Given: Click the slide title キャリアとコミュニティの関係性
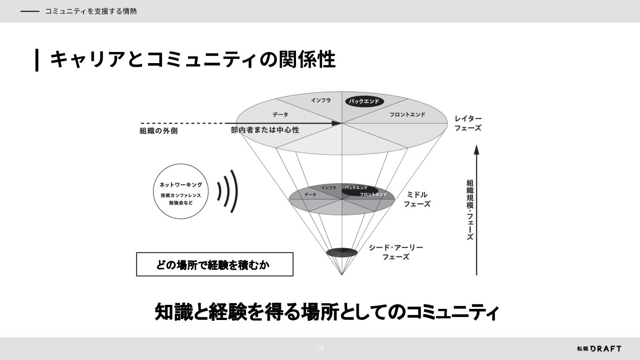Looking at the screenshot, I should [192, 60].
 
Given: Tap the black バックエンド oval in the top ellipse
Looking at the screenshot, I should [364, 101].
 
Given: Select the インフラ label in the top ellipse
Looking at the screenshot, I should [321, 100].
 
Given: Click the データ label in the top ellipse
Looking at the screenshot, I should [280, 115].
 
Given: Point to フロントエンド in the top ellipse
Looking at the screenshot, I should [407, 115].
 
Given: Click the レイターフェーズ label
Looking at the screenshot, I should [468, 123].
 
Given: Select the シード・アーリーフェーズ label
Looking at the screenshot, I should [396, 252].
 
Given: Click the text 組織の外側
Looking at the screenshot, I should [159, 131].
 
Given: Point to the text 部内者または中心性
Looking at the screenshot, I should [265, 130].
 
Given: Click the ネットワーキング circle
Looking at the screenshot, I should [180, 191].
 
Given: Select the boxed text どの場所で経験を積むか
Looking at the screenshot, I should [214, 265].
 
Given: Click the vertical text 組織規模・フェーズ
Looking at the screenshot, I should [470, 209].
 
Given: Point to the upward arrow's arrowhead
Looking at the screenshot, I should [476, 149].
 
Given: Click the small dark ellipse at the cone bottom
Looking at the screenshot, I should [342, 253].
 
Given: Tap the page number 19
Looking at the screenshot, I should [320, 348].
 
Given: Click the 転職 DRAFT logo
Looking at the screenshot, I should [599, 348].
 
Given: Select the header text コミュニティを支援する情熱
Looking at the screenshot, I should [91, 12].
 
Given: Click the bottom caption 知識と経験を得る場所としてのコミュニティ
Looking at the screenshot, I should [327, 312].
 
